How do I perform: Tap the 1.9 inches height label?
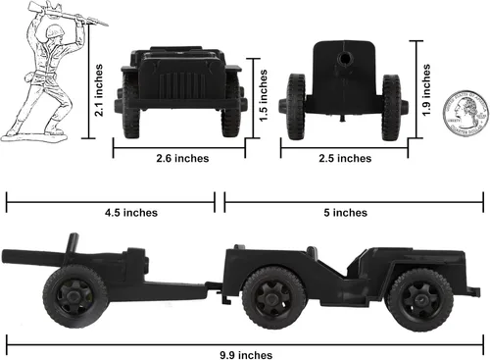[x=425, y=89]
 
